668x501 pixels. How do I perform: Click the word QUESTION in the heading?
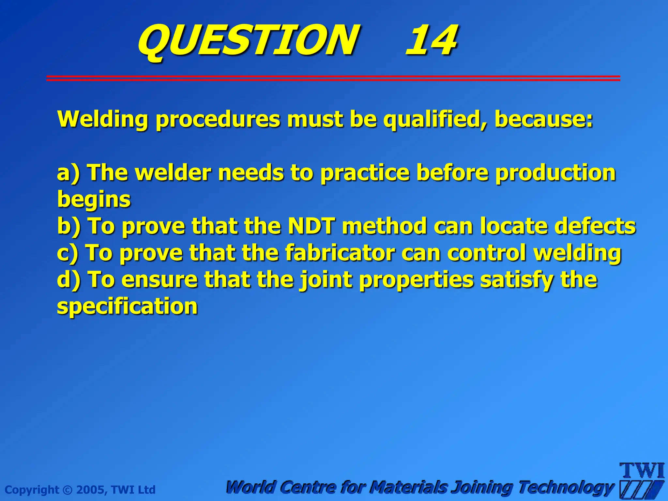coord(248,41)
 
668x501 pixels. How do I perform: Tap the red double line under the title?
coord(333,78)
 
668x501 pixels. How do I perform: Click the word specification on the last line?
coord(127,307)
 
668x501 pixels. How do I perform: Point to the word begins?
coord(94,200)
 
